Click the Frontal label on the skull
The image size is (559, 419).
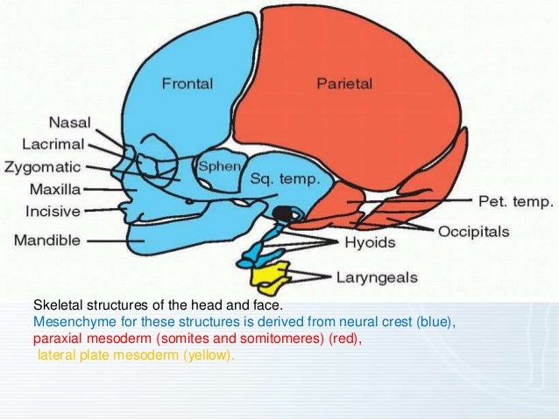tap(186, 83)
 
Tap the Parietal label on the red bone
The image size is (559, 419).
tap(343, 83)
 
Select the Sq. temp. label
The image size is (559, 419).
tap(286, 180)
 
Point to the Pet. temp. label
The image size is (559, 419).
tap(515, 202)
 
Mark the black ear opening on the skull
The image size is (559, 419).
tap(282, 213)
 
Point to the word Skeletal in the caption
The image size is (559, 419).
tap(57, 305)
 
